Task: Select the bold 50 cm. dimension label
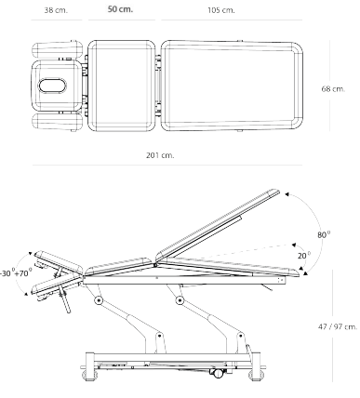[118, 9]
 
